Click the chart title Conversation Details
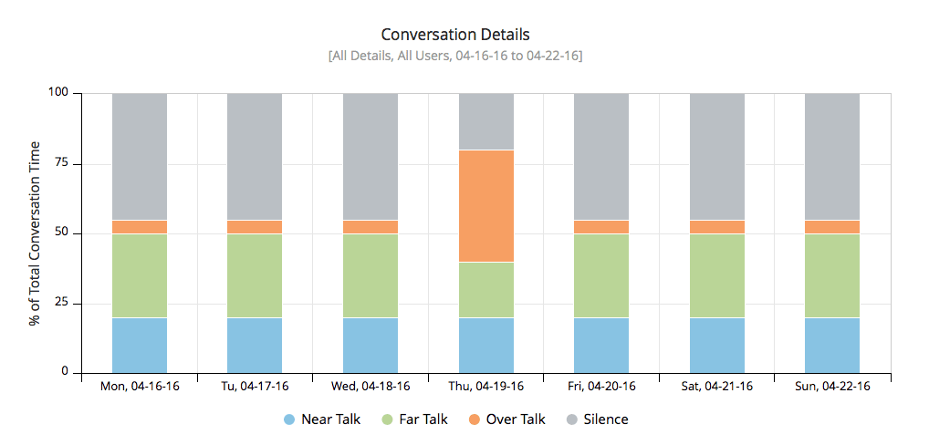pyautogui.click(x=454, y=35)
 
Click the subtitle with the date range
pyautogui.click(x=454, y=56)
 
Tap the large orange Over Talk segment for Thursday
pyautogui.click(x=485, y=205)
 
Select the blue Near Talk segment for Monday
pyautogui.click(x=140, y=345)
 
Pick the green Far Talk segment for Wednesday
pyautogui.click(x=371, y=275)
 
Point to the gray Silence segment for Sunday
pyautogui.click(x=831, y=156)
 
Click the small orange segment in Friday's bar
pyautogui.click(x=601, y=226)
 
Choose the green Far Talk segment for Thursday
pyautogui.click(x=485, y=289)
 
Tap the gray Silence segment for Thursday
pyautogui.click(x=485, y=121)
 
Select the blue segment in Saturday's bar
pyautogui.click(x=716, y=345)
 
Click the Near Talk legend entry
pyautogui.click(x=321, y=419)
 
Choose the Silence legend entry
pyautogui.click(x=596, y=419)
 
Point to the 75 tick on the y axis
pyautogui.click(x=64, y=164)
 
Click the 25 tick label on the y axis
pyautogui.click(x=64, y=304)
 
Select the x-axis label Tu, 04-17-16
pyautogui.click(x=255, y=386)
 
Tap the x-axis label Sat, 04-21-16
pyautogui.click(x=716, y=386)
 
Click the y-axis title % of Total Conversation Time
pyautogui.click(x=35, y=233)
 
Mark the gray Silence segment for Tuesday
pyautogui.click(x=255, y=156)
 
